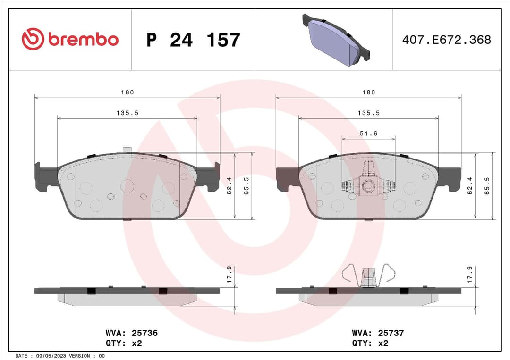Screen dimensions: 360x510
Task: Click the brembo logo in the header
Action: pyautogui.click(x=70, y=40)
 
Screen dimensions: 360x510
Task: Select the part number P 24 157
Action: pyautogui.click(x=193, y=40)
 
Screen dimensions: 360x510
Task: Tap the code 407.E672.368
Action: pyautogui.click(x=446, y=40)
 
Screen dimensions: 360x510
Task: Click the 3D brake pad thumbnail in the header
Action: pyautogui.click(x=336, y=40)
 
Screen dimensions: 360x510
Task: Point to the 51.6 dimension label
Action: pyautogui.click(x=368, y=134)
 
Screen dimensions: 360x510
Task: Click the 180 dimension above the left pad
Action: pyautogui.click(x=127, y=92)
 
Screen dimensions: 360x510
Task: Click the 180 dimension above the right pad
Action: pyautogui.click(x=368, y=92)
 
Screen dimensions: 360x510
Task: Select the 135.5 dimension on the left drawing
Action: pyautogui.click(x=127, y=113)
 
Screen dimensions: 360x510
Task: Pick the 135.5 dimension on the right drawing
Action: pyautogui.click(x=368, y=113)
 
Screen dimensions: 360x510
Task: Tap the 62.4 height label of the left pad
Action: pyautogui.click(x=229, y=186)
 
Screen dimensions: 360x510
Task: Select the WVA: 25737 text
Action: pyautogui.click(x=377, y=333)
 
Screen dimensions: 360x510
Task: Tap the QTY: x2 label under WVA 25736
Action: pyautogui.click(x=124, y=343)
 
